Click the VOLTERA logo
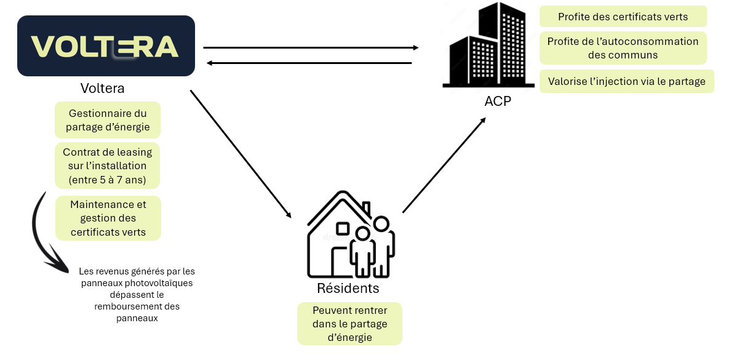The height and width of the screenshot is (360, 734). point(106,46)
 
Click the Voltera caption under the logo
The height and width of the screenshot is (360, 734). point(102,89)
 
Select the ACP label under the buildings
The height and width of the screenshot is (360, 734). point(498,102)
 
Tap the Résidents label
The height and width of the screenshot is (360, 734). point(348,289)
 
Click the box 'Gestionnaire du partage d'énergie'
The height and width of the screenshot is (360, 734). point(108,121)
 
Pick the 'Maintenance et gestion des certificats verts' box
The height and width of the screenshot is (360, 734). point(108,218)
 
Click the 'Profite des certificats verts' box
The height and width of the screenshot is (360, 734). point(623,17)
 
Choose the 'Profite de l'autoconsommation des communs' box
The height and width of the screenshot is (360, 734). point(623,48)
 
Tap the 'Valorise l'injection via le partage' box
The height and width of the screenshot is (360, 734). point(626,81)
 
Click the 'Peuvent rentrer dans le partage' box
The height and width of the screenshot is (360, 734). point(349,324)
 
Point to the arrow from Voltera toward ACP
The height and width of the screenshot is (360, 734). point(311,47)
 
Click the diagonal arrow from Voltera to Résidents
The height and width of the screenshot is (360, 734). point(241,154)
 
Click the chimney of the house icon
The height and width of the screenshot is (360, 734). point(366,208)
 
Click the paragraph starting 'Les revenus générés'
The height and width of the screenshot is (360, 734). point(137,295)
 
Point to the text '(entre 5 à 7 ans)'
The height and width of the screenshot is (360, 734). point(108,179)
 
